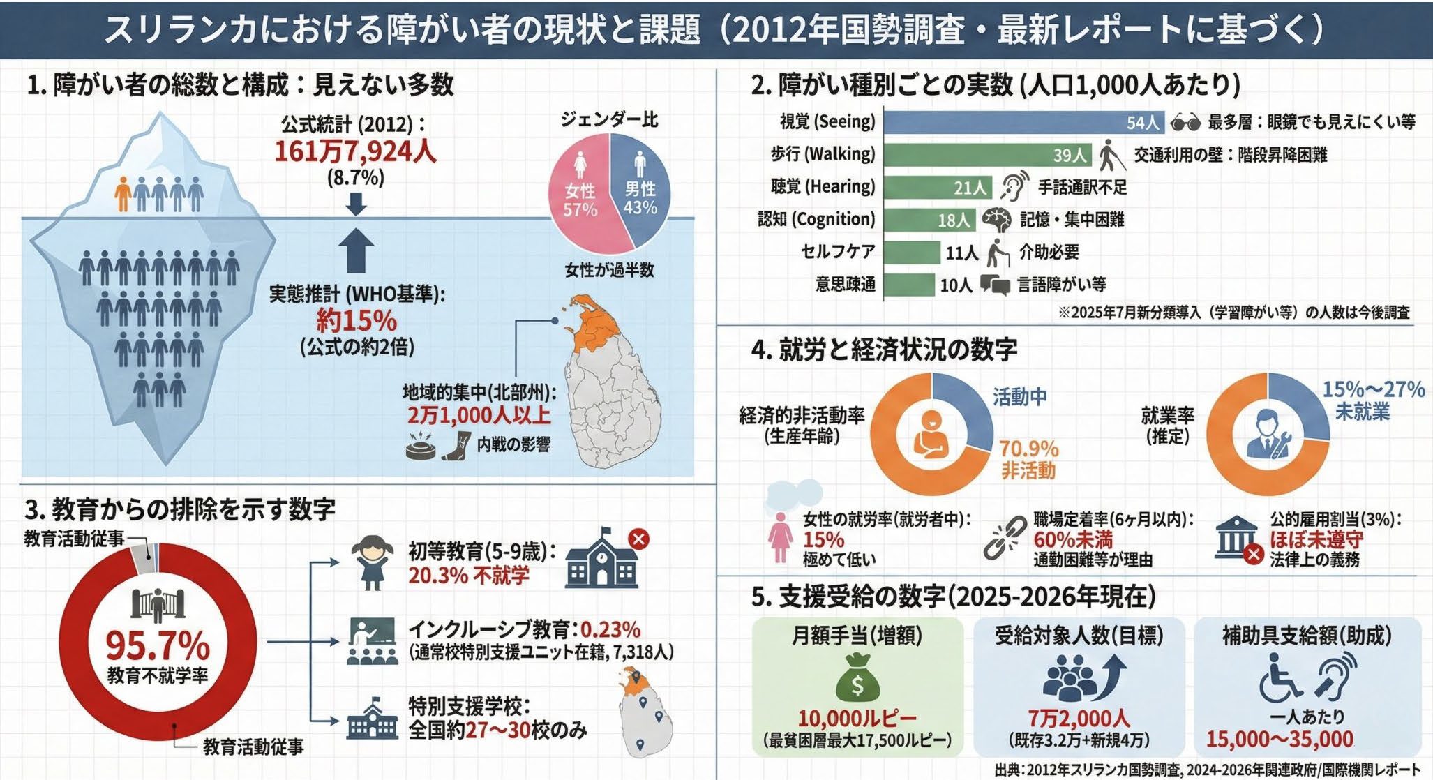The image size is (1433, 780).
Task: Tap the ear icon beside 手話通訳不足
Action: coord(1014,187)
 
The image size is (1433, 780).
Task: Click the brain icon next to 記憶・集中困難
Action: coord(996,220)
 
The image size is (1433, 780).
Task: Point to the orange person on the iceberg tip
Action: coord(123,193)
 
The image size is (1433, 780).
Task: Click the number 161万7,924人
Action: coord(355,151)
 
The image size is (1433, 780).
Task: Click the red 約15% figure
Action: coord(357,321)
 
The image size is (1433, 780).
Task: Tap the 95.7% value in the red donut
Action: coord(158,645)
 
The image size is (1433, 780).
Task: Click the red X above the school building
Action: coord(638,539)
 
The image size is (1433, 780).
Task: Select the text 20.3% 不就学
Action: coord(469,576)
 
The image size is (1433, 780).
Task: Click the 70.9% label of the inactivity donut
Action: coord(1029,449)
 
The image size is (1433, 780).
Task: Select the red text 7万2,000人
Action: coord(1079,718)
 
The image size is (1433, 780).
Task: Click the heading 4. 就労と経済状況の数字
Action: coord(884,350)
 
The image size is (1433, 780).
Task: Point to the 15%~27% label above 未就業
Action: coord(1373,389)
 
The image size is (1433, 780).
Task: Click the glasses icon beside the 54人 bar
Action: coord(1185,123)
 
